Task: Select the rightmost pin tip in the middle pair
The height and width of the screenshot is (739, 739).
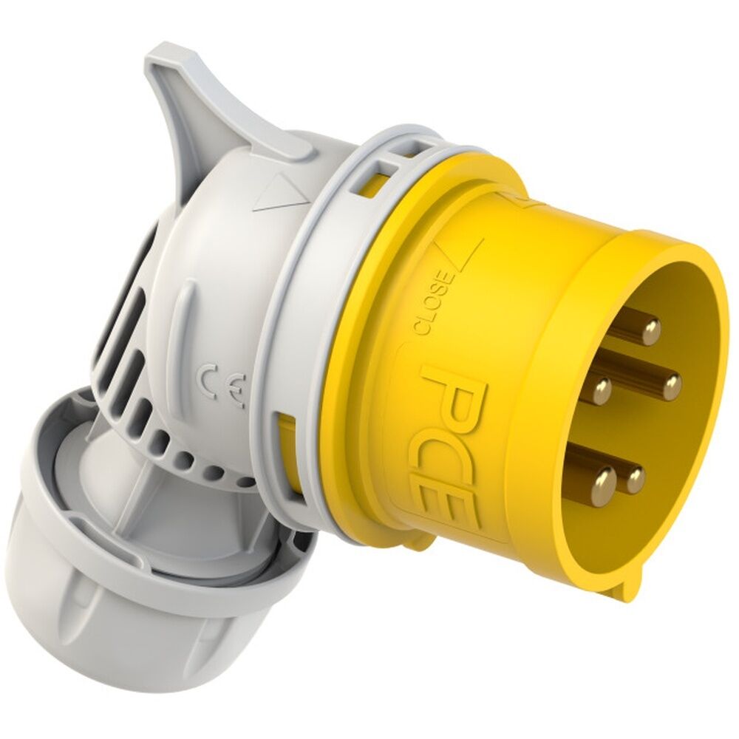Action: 671,385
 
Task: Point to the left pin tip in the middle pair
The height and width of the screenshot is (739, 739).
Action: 602,387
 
